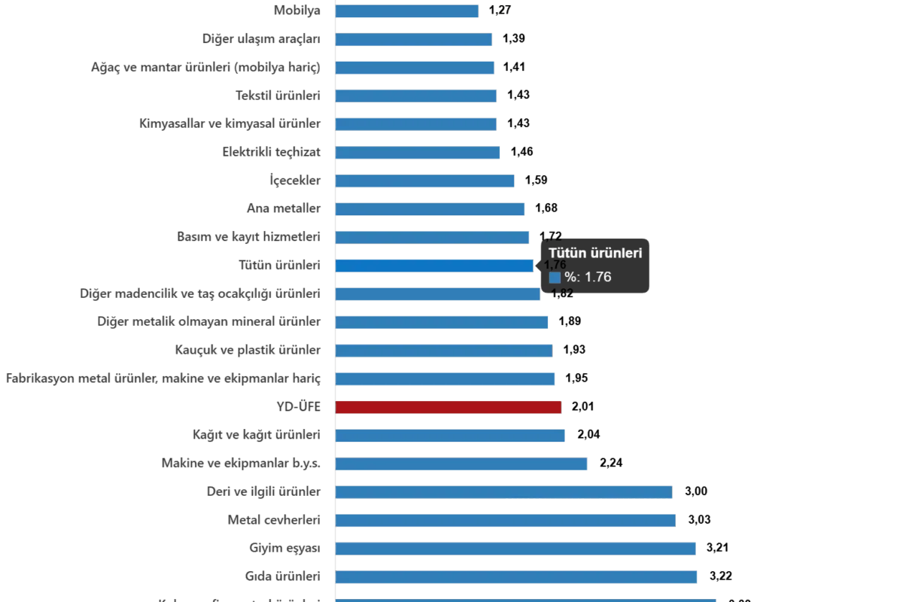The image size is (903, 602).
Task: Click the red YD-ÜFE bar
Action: click(x=448, y=407)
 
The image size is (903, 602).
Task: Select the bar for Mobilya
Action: click(x=407, y=11)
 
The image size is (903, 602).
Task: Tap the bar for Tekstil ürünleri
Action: click(x=416, y=96)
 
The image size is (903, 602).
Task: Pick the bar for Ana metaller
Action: click(x=430, y=209)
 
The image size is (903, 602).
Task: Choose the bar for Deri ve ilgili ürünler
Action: click(x=503, y=491)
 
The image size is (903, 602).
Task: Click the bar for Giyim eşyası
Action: click(x=516, y=549)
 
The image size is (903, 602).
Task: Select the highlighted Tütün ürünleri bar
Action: click(x=435, y=266)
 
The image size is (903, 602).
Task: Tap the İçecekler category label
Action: click(x=294, y=181)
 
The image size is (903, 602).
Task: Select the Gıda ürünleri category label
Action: click(x=283, y=576)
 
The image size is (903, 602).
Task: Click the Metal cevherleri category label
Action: click(x=275, y=520)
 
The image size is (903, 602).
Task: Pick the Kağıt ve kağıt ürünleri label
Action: click(x=258, y=435)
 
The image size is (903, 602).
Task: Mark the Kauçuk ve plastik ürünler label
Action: click(x=249, y=350)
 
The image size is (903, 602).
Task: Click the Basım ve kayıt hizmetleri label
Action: click(x=249, y=238)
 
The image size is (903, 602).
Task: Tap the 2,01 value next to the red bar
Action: click(x=584, y=407)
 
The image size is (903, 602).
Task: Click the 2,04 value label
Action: click(x=587, y=434)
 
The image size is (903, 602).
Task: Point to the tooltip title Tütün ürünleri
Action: click(x=594, y=253)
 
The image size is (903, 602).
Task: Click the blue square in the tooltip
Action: click(x=555, y=277)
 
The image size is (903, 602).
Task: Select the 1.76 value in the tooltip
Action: click(x=597, y=277)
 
